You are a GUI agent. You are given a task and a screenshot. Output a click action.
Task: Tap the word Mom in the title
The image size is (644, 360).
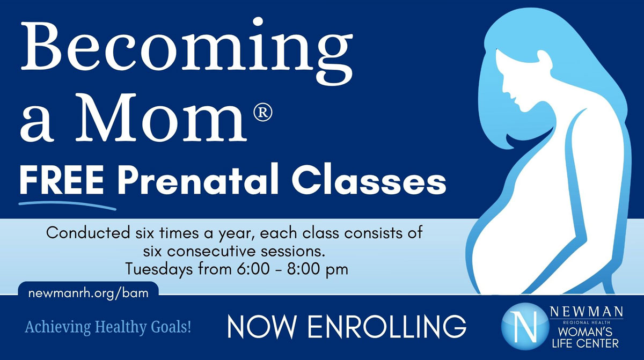[162, 118]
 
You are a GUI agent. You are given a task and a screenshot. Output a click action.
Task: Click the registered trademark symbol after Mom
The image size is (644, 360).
[263, 112]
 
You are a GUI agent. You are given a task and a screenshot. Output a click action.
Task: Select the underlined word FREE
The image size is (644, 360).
[62, 181]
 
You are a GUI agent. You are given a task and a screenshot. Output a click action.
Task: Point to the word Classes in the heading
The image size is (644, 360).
[369, 180]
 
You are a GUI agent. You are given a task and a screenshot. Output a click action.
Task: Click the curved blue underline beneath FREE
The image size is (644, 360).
[68, 205]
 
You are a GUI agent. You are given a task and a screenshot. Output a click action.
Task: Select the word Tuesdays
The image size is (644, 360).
[159, 269]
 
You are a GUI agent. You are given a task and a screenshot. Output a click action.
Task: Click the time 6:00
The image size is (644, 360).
[253, 269]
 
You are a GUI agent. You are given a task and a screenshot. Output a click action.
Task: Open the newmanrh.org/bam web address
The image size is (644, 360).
[89, 293]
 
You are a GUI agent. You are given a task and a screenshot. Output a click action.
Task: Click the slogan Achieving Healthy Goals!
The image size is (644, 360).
[108, 327]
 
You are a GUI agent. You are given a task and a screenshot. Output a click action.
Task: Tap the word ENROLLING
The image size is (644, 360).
[387, 326]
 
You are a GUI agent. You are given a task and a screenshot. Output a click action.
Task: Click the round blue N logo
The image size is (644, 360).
[524, 326]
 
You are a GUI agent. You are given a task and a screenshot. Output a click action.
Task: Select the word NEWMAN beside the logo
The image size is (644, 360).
[587, 312]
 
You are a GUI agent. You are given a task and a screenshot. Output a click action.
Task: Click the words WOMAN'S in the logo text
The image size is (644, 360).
[585, 332]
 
